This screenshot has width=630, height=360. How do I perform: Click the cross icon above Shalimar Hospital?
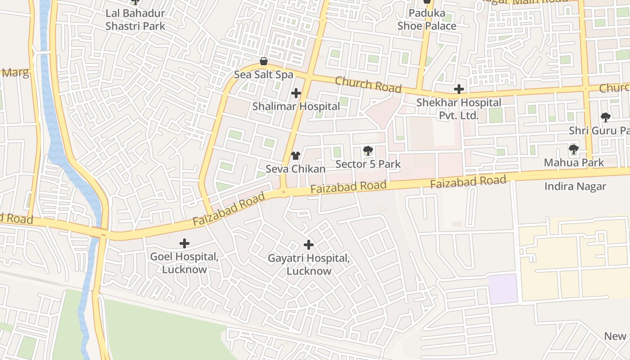[296, 93]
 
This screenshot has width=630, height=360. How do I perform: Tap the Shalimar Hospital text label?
[296, 107]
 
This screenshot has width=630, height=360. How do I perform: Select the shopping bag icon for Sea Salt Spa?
[264, 61]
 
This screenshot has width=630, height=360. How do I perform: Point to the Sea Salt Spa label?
[264, 75]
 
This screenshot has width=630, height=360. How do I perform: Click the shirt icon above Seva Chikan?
[295, 156]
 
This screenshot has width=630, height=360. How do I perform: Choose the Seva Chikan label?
[295, 169]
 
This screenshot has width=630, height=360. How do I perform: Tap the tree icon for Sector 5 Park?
[368, 151]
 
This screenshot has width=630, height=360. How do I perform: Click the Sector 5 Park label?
[368, 164]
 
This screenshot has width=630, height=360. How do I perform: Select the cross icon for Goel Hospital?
[184, 244]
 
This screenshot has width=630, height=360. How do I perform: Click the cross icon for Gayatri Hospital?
[309, 245]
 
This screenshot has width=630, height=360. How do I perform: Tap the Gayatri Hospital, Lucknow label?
[309, 265]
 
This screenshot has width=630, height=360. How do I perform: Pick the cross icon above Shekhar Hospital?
[459, 89]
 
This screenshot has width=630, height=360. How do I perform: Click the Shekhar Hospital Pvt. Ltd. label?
[459, 109]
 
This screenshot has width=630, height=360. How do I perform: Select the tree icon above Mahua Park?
[573, 149]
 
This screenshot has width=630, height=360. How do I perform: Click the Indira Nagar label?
[575, 186]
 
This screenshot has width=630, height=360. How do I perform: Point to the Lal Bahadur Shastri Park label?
[135, 20]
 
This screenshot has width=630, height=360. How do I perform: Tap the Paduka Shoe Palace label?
[427, 20]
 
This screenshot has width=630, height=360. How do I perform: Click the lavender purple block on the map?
[503, 288]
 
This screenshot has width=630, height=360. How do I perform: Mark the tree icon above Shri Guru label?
[606, 117]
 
